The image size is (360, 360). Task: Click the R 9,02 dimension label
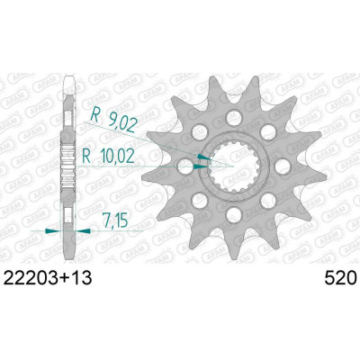[x=114, y=119]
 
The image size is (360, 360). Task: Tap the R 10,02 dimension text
[x=108, y=157]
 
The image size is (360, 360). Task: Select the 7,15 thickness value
[x=114, y=220]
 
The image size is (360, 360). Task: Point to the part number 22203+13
[x=47, y=279]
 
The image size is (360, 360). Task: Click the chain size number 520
[x=341, y=279]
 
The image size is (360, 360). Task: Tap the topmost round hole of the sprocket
[x=234, y=118]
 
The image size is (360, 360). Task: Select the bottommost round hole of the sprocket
[x=234, y=215]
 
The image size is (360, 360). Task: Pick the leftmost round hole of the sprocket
[x=185, y=166]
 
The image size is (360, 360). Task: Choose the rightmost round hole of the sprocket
[x=283, y=166]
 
